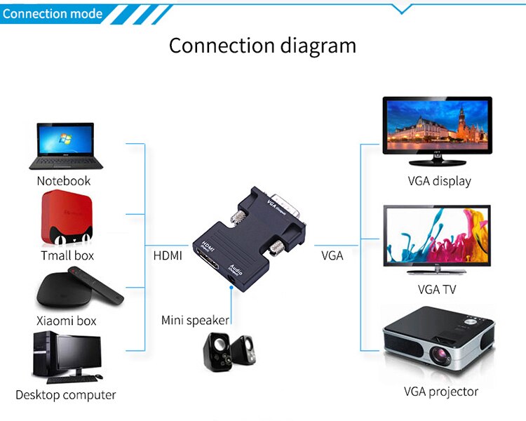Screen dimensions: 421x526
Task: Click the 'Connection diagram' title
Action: [x=262, y=46]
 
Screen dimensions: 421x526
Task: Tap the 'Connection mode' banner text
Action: [x=52, y=13]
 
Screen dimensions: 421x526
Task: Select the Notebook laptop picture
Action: [x=65, y=146]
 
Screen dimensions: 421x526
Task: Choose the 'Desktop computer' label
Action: [x=65, y=395]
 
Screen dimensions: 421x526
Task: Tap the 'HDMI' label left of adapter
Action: [x=168, y=256]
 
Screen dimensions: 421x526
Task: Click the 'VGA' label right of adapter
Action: [x=332, y=256]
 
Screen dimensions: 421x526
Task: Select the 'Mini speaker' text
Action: [x=195, y=321]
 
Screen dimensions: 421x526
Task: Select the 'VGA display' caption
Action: [x=439, y=181]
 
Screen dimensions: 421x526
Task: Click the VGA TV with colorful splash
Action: [x=436, y=238]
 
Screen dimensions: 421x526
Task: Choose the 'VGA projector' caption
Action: [x=440, y=392]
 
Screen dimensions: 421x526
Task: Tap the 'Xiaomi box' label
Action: [x=67, y=321]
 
